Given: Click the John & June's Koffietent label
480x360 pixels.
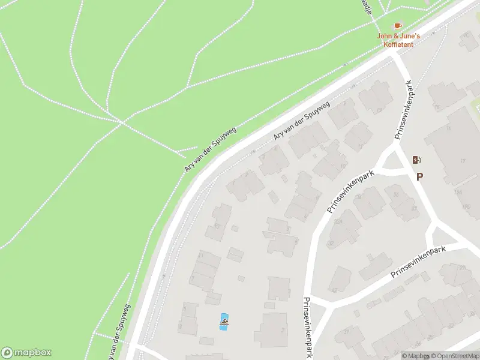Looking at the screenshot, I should (398, 40).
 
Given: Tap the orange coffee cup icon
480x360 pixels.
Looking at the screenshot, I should (398, 26).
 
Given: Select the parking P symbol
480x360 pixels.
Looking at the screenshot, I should (420, 176).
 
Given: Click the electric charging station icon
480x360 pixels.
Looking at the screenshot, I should (417, 160).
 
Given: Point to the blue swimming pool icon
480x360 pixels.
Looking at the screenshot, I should (224, 322).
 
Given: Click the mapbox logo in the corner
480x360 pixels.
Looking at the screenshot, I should (26, 353).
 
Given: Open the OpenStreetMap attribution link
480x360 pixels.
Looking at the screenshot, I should (454, 356).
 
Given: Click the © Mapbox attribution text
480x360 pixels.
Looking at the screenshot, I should (415, 356).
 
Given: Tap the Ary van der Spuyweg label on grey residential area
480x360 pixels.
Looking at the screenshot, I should (301, 121).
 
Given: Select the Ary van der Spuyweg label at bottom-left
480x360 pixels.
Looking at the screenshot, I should (118, 328).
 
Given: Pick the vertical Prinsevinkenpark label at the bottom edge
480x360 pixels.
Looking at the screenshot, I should (307, 328).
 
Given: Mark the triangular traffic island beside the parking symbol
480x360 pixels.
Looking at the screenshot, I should (393, 161).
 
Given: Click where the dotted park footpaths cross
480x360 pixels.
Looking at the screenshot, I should (123, 123).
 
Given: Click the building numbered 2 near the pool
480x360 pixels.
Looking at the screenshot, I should (273, 329).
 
